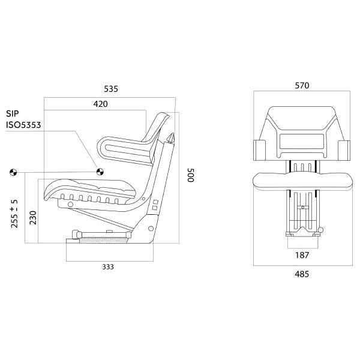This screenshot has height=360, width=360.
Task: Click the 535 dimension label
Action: (x=110, y=89)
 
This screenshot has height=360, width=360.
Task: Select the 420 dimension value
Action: (x=100, y=104)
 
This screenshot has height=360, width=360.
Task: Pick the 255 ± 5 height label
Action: (x=14, y=214)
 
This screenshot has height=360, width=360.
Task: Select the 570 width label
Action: (x=302, y=86)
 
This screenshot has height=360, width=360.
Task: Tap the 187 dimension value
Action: (x=302, y=255)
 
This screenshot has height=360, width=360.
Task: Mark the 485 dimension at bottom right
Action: (x=302, y=274)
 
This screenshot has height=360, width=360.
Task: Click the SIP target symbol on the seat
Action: (x=100, y=172)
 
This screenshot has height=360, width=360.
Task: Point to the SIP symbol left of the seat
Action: (x=12, y=173)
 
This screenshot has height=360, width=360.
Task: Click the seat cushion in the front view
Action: (x=302, y=179)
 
